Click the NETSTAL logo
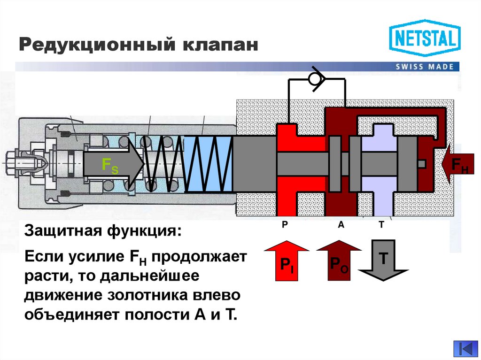[x=424, y=38]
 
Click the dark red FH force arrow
[x=458, y=164]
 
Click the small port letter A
[x=341, y=225]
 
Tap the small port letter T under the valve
[x=381, y=225]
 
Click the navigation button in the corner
[x=465, y=349]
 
